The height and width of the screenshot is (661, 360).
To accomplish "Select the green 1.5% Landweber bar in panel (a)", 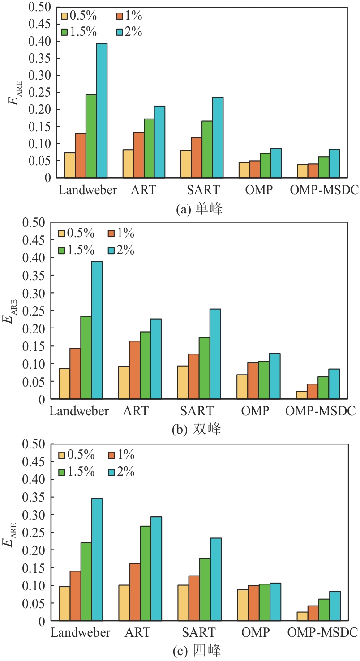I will (x=91, y=136).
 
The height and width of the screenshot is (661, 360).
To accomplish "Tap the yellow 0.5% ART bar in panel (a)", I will (x=128, y=164).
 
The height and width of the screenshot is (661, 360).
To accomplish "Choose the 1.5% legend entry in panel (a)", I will (x=81, y=32).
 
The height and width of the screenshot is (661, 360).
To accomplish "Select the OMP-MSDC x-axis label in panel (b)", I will (x=321, y=411).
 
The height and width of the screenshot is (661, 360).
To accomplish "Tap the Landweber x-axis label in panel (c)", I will (x=81, y=632).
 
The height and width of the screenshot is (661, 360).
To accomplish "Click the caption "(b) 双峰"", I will (x=197, y=430).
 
